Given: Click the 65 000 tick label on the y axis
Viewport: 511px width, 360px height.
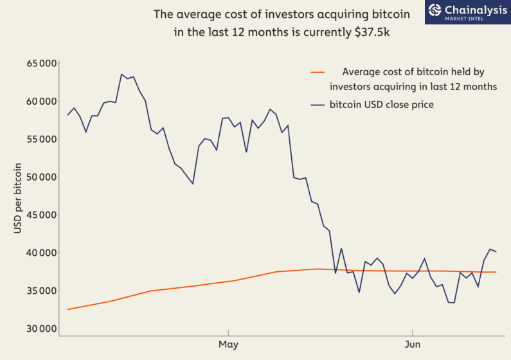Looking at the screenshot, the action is coord(41,63).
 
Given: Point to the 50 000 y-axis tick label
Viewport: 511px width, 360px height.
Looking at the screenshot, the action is coord(41,177).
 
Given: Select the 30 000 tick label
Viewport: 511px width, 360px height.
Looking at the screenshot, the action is coord(41,328).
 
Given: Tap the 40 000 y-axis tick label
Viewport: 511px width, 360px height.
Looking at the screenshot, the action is coord(41,253).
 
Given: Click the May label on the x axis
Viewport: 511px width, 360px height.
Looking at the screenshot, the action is coord(228,345).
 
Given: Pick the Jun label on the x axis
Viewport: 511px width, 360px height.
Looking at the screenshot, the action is coord(412,344).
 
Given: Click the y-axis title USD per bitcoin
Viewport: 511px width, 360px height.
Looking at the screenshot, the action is coord(17,198).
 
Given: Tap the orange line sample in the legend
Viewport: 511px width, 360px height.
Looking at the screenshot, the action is coord(318,72).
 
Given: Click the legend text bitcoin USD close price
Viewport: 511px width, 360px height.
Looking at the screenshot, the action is coord(382,105).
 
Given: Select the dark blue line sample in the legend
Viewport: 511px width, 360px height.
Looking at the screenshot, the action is coord(318,105).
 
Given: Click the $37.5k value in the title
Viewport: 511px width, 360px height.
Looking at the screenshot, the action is coord(372,32).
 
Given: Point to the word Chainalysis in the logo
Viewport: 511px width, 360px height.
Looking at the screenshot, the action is coord(476,10).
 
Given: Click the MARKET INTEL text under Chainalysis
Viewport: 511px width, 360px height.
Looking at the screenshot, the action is coord(464,19).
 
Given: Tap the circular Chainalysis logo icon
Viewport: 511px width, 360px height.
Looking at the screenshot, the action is coord(435,10).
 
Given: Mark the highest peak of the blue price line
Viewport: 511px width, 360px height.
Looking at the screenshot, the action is coord(121,75).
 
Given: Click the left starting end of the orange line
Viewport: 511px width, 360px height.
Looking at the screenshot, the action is coord(67,309).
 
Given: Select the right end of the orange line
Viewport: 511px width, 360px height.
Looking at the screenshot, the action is coord(496,272).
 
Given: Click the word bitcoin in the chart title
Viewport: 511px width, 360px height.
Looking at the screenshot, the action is coord(390,14).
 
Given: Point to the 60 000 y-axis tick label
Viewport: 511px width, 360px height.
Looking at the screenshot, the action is coord(41,102).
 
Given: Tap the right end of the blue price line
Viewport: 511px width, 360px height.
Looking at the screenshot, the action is coord(496,251).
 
